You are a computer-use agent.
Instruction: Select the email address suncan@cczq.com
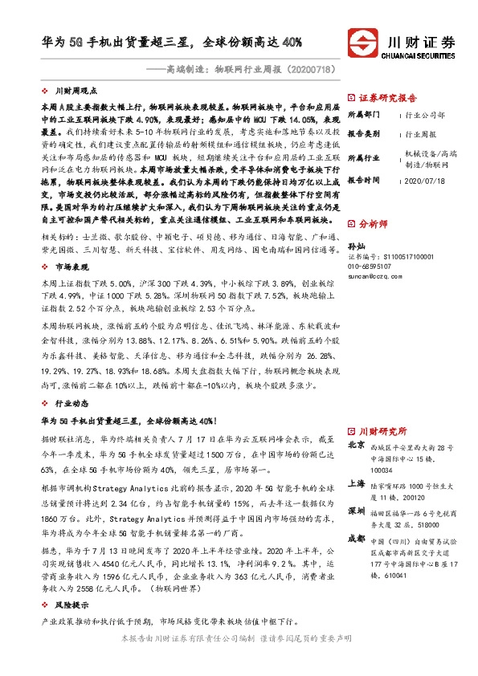point(381,275)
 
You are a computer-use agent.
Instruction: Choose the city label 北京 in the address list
point(356,445)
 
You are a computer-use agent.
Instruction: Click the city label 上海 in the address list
point(356,484)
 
